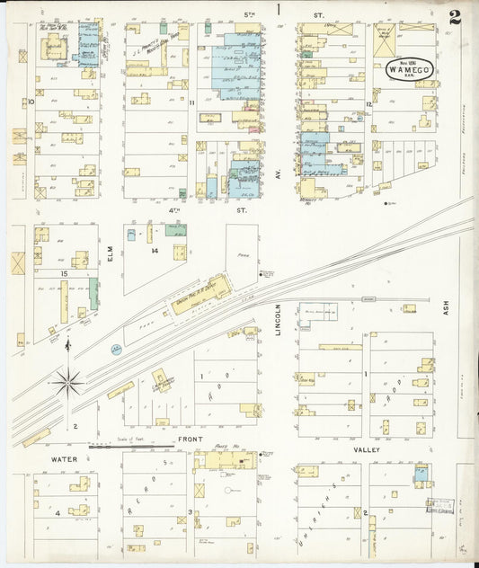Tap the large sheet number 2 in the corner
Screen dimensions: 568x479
[456, 17]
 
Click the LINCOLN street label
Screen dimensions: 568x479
[279, 319]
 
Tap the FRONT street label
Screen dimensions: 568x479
[189, 439]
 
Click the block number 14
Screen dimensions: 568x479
[155, 251]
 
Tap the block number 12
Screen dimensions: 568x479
[368, 105]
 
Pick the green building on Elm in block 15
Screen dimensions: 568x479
[93, 293]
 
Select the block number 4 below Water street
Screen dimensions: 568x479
[57, 512]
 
